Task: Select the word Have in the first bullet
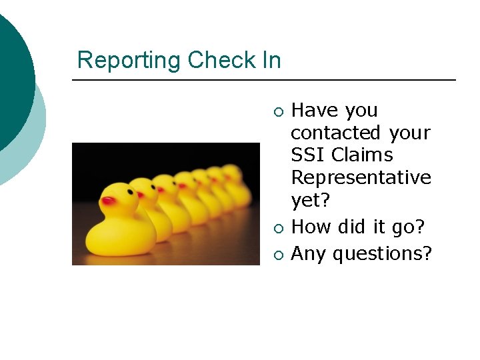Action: click(x=315, y=111)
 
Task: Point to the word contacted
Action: click(x=336, y=133)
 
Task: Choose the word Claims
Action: click(x=363, y=155)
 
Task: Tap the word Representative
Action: click(x=361, y=178)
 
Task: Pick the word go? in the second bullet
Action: click(x=408, y=227)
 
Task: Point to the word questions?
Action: click(x=382, y=254)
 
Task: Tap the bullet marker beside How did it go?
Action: click(x=279, y=228)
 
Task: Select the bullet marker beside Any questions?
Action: click(x=279, y=255)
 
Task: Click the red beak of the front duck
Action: click(x=108, y=200)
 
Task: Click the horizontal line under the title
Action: click(x=264, y=81)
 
